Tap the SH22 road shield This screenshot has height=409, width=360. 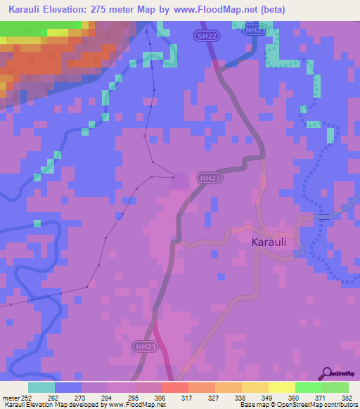(203, 34)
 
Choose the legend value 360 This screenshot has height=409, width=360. (295, 397)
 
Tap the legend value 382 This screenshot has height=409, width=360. (347, 397)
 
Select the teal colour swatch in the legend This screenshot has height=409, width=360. (41, 387)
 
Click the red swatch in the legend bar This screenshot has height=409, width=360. (174, 387)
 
